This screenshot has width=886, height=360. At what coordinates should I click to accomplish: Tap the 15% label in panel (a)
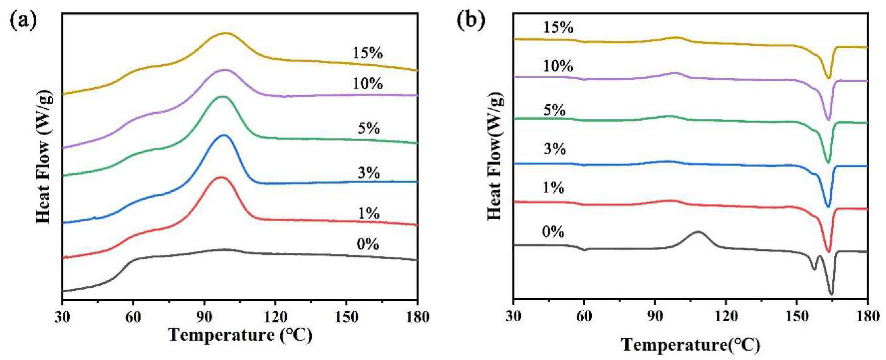pos(367,53)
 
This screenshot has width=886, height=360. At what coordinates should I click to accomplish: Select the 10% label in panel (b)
pos(558,66)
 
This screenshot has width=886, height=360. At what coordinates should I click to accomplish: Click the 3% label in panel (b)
pos(555,149)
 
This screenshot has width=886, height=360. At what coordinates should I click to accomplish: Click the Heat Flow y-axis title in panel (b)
pos(495,157)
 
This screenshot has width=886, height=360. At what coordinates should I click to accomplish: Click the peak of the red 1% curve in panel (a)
pos(221,177)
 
